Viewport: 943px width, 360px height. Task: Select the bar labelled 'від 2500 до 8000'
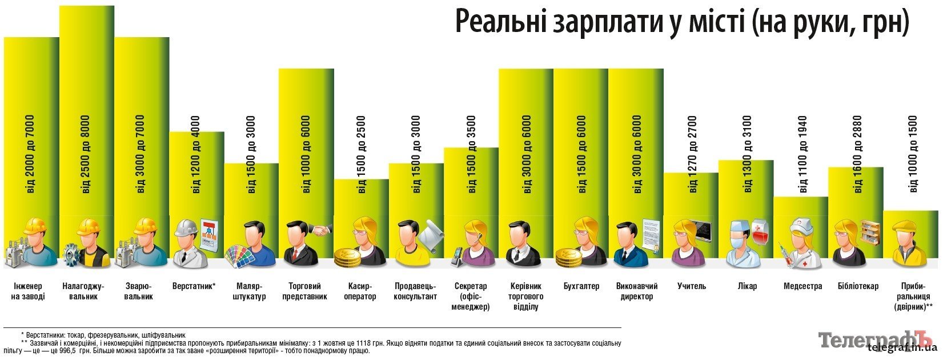point(87,114)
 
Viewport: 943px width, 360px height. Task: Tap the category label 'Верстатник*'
point(194,286)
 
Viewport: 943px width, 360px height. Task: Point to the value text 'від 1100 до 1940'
point(803,154)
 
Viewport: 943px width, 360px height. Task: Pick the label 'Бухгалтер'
point(581,286)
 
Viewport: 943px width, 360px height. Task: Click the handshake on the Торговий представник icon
point(321,230)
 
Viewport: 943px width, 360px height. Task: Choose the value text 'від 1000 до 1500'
point(913,154)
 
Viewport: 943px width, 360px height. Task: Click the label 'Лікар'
point(747,286)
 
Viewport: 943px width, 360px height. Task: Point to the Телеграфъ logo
point(877,341)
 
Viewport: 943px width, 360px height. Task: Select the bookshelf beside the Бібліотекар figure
point(870,231)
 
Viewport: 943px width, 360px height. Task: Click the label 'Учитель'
point(692,286)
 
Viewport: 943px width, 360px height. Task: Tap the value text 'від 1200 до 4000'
point(196,154)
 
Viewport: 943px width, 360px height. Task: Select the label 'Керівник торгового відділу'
point(526,297)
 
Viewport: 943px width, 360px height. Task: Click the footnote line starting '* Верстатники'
point(103,335)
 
